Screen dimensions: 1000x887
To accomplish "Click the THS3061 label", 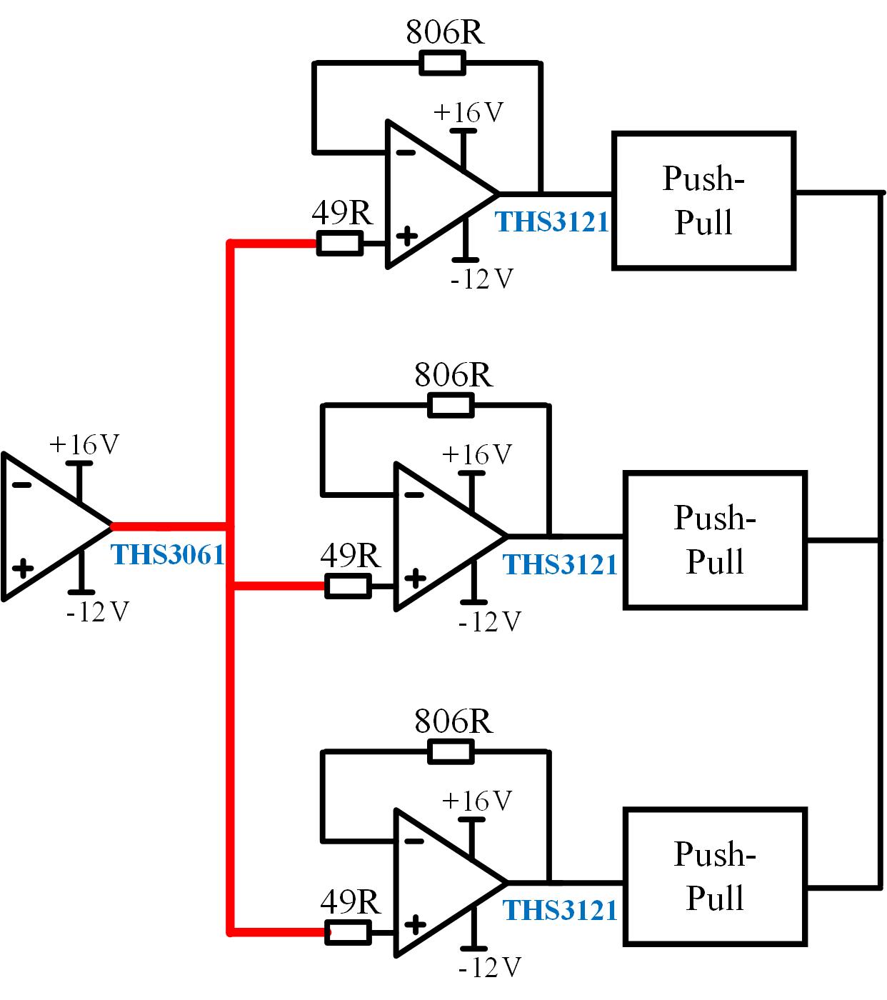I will pyautogui.click(x=168, y=554).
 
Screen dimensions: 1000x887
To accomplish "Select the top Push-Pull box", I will pyautogui.click(x=703, y=200).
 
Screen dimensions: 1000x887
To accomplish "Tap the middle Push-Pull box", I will pyautogui.click(x=715, y=539).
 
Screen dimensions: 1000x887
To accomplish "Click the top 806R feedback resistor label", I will pyautogui.click(x=445, y=32).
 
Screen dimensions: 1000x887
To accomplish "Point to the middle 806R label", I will pyautogui.click(x=453, y=375).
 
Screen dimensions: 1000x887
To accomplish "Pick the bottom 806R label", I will pyautogui.click(x=453, y=721).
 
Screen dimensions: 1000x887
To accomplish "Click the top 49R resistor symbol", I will pyautogui.click(x=339, y=244).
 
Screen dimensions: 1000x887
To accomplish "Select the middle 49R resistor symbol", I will pyautogui.click(x=348, y=586).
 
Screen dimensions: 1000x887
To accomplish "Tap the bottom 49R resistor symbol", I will pyautogui.click(x=348, y=932).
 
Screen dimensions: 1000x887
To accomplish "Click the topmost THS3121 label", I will pyautogui.click(x=552, y=221).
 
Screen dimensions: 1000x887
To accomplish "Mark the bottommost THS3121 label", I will pyautogui.click(x=561, y=910).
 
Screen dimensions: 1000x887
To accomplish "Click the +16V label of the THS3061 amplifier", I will pyautogui.click(x=84, y=445).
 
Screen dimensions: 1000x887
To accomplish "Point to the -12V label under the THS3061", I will pyautogui.click(x=97, y=612).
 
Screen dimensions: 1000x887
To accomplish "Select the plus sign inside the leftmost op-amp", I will pyautogui.click(x=23, y=569).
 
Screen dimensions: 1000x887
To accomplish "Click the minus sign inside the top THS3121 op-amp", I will pyautogui.click(x=405, y=152).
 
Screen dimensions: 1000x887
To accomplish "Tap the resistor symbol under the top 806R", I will pyautogui.click(x=442, y=64).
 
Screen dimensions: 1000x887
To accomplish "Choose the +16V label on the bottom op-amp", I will pyautogui.click(x=477, y=801).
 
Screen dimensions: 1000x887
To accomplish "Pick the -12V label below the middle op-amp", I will pyautogui.click(x=490, y=622).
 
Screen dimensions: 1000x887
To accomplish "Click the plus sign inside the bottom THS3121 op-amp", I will pyautogui.click(x=414, y=924).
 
